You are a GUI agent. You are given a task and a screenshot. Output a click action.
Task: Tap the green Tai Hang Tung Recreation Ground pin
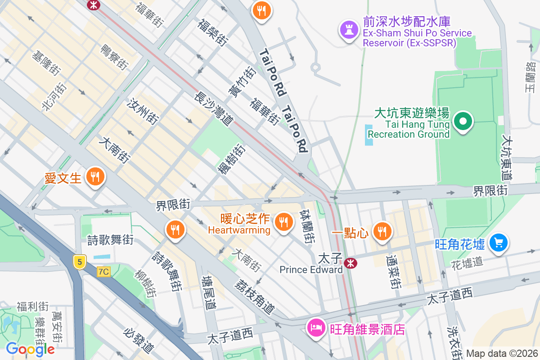pos(463,121)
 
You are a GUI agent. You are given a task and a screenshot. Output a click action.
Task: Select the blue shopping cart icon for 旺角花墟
pos(498,243)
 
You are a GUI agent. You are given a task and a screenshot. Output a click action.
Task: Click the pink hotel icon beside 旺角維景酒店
pos(316,327)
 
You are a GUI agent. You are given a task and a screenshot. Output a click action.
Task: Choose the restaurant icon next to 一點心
pos(382,231)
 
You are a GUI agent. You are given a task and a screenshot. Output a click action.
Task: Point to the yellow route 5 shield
pos(80,262)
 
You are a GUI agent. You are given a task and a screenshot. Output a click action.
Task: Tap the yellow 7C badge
pos(103,271)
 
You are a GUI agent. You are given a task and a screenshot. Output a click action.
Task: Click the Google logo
pos(30,349)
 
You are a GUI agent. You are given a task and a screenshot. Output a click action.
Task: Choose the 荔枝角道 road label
pos(255,297)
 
